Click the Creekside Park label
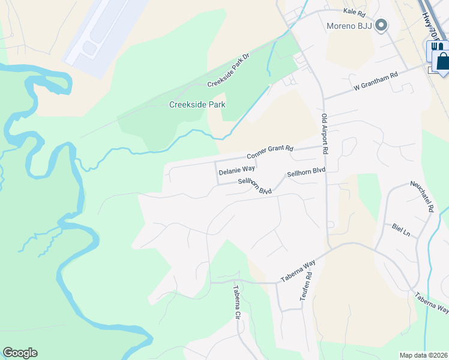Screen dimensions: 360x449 point(197,104)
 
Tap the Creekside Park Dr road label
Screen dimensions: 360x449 point(228,74)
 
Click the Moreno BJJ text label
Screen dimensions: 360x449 point(348,26)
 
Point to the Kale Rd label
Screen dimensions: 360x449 point(354,12)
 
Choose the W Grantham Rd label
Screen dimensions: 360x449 point(376,82)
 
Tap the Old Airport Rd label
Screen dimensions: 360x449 point(324,134)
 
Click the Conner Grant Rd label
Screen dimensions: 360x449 point(270,152)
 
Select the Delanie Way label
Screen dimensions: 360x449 point(237,171)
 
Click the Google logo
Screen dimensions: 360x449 point(20,353)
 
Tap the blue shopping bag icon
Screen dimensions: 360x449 point(442,61)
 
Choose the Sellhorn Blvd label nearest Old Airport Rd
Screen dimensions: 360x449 point(306,172)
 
